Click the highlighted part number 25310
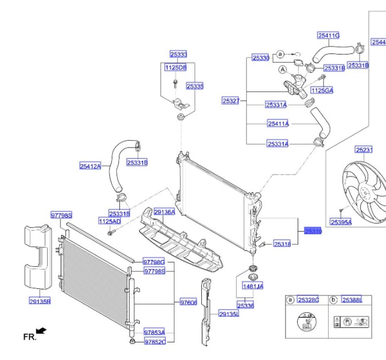[x=313, y=231]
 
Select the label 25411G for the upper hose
[x=328, y=35]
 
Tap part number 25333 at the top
[x=178, y=54]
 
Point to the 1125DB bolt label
[x=176, y=68]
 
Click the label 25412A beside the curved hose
[x=90, y=166]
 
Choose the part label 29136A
[x=164, y=212]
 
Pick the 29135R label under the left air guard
[x=40, y=301]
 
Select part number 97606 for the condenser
[x=188, y=303]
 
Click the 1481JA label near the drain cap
[x=252, y=286]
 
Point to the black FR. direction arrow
[x=41, y=331]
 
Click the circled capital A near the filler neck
[x=283, y=70]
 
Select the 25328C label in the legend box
[x=308, y=300]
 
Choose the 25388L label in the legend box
[x=352, y=300]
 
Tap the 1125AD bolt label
[x=110, y=221]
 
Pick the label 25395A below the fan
[x=340, y=222]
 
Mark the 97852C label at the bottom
[x=155, y=342]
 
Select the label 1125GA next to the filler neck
[x=322, y=90]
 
